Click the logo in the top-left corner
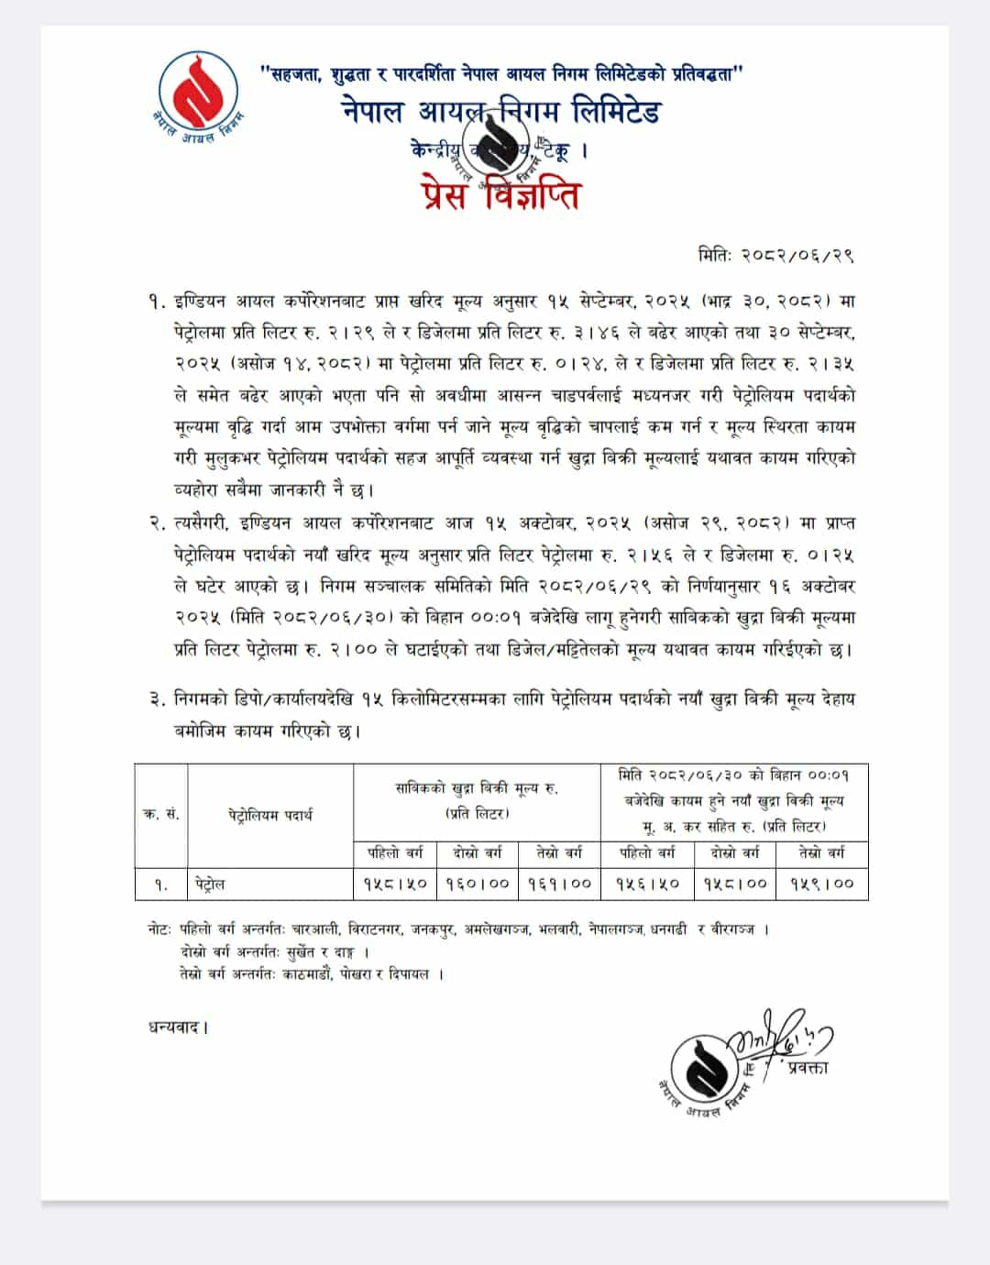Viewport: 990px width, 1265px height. pyautogui.click(x=198, y=95)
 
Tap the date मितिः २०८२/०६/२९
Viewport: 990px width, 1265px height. pyautogui.click(x=775, y=256)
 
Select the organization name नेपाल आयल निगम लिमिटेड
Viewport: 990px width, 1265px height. pyautogui.click(x=502, y=112)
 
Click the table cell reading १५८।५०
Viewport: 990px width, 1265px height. pyautogui.click(x=394, y=884)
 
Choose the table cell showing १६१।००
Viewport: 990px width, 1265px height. pyautogui.click(x=559, y=884)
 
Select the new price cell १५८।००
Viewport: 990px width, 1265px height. pyautogui.click(x=735, y=884)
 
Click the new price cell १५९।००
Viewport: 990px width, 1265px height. pyautogui.click(x=821, y=884)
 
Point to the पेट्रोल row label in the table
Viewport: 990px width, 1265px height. pyautogui.click(x=210, y=884)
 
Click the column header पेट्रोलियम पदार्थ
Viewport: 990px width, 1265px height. pyautogui.click(x=270, y=814)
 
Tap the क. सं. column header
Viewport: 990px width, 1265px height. pyautogui.click(x=161, y=814)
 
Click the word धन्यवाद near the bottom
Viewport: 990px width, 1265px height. pyautogui.click(x=179, y=1027)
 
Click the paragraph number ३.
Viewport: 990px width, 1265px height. pyautogui.click(x=156, y=699)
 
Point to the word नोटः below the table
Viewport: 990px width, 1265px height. pyautogui.click(x=159, y=929)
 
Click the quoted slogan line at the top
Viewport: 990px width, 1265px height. pyautogui.click(x=501, y=74)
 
